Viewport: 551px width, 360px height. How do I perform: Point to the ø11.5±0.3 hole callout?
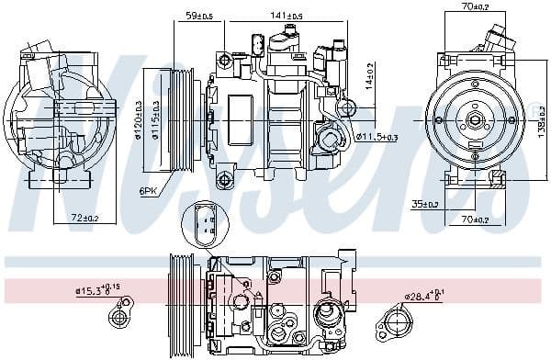pyautogui.click(x=376, y=137)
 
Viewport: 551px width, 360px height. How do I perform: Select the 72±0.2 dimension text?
pyautogui.click(x=84, y=218)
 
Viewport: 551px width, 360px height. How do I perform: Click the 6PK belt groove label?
pyautogui.click(x=148, y=190)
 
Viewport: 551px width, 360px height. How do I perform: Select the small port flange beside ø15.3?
pyautogui.click(x=118, y=318)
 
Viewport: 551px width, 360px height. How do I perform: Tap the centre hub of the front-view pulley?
pyautogui.click(x=475, y=119)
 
